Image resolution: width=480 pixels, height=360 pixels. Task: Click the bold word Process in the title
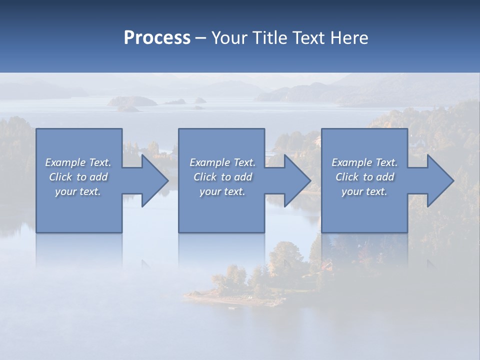(x=157, y=38)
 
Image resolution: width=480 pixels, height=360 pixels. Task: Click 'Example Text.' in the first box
(x=78, y=162)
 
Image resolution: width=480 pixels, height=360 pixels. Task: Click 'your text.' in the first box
(x=78, y=191)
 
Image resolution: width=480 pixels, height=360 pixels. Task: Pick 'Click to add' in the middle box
(x=222, y=177)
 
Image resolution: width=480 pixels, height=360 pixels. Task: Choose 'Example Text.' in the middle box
(x=222, y=162)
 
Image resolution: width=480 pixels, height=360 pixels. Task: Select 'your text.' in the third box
(x=364, y=191)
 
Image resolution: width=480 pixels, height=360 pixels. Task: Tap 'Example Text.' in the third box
(x=364, y=162)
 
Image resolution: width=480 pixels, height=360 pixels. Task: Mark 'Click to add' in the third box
(x=364, y=177)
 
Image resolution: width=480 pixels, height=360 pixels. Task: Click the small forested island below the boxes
(x=250, y=280)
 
